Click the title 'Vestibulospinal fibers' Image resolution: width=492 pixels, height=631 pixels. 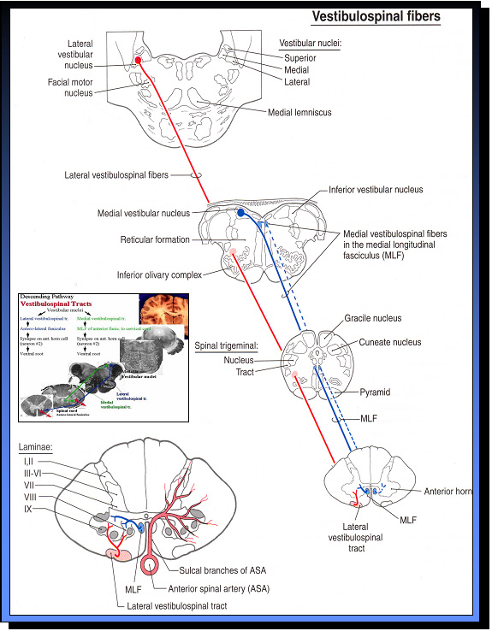(376, 15)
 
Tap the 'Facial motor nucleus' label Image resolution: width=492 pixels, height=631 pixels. (70, 88)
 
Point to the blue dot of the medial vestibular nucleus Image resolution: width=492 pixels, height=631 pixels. (241, 212)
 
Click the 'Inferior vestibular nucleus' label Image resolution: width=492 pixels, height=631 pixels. (376, 189)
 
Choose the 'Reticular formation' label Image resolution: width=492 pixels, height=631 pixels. (155, 239)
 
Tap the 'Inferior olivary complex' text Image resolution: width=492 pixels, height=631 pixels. (159, 275)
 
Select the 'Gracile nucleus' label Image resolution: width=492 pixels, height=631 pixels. (372, 319)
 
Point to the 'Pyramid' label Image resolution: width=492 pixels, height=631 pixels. (374, 392)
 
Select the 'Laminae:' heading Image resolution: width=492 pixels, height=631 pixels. (35, 447)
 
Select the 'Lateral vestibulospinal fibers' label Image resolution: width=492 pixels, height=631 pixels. (116, 175)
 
